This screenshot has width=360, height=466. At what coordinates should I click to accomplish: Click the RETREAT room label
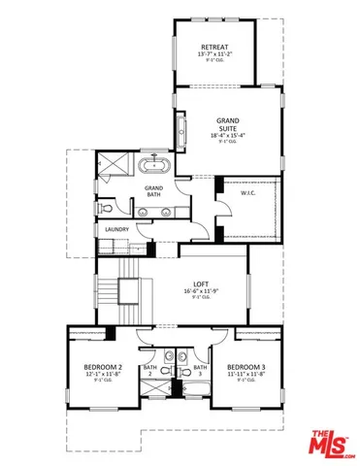[x=214, y=47]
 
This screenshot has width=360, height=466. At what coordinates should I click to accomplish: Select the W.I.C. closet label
[x=247, y=192]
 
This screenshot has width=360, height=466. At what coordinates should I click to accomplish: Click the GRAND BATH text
[x=154, y=190]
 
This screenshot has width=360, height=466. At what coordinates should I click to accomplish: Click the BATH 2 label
[x=150, y=371]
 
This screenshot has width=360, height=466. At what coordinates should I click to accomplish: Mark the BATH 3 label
[x=199, y=371]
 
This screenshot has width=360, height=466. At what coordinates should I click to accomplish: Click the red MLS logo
[x=332, y=443]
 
